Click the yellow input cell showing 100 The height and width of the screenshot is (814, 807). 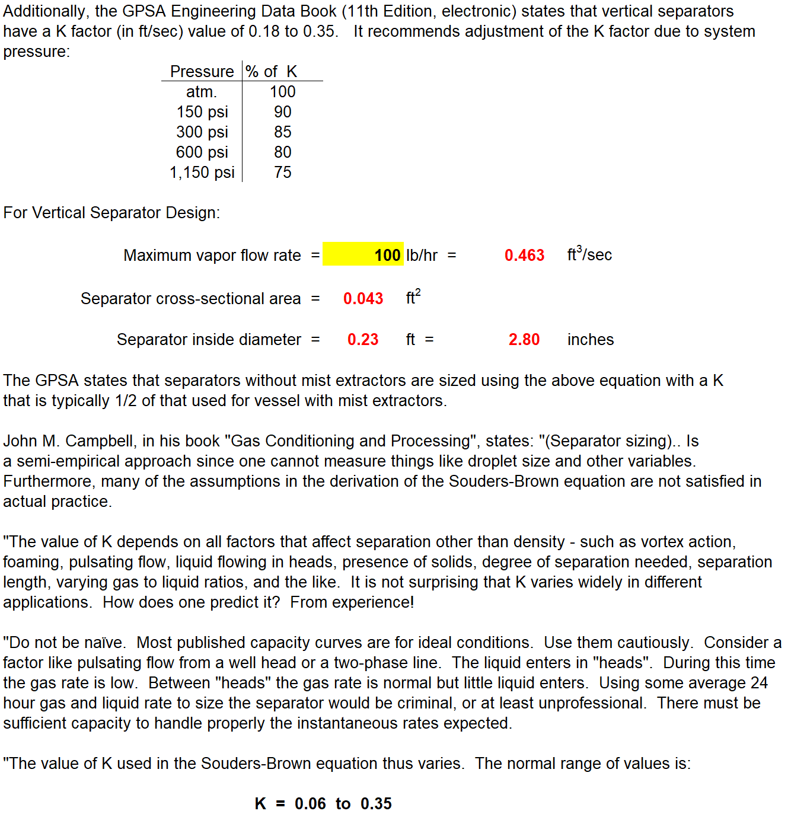tap(363, 255)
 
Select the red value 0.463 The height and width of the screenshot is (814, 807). tap(524, 256)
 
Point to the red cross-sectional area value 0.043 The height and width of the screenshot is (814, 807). tap(363, 299)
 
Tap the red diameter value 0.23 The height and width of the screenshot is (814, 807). tap(363, 340)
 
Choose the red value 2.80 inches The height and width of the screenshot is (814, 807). tap(524, 340)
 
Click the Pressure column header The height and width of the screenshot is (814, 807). tap(202, 72)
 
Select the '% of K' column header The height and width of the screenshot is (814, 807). tap(271, 72)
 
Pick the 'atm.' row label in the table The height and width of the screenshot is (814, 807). tap(202, 92)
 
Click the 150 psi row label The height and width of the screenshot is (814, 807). tap(202, 112)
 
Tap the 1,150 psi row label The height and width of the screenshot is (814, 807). tap(202, 173)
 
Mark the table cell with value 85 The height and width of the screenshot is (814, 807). tap(283, 132)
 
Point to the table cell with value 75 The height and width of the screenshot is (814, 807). tap(283, 173)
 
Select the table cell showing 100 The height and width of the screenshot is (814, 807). tap(283, 92)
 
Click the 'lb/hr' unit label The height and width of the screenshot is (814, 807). tap(422, 256)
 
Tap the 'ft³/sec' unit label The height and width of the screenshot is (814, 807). tap(589, 254)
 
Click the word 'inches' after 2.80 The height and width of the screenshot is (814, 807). tap(591, 340)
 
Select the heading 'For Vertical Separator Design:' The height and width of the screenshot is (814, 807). tap(111, 213)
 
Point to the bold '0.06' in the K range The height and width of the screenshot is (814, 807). tap(310, 804)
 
